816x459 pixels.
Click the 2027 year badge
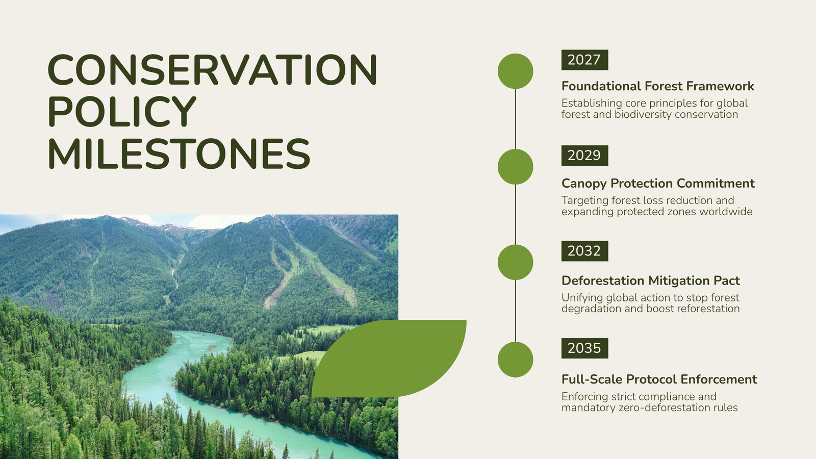584,60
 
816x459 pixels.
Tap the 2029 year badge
584,156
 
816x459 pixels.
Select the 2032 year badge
584,251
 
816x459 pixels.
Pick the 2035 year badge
584,348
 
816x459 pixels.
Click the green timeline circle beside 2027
516,71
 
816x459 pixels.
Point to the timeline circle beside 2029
516,167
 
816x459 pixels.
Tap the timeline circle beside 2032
516,262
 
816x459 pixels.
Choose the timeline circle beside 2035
516,360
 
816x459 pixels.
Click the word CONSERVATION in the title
212,69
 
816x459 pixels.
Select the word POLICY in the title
122,111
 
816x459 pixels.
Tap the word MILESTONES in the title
179,154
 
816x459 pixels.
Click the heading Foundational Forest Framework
657,86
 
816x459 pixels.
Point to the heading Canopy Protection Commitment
658,184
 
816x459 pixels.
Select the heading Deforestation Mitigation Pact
651,281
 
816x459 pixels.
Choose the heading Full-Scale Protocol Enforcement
659,379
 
